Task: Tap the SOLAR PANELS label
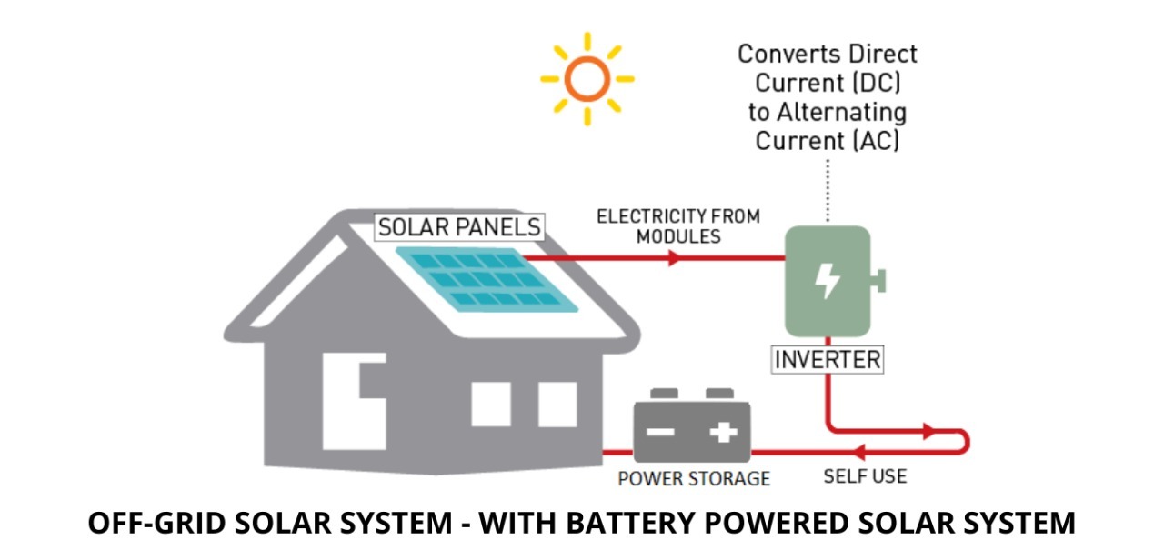click(459, 226)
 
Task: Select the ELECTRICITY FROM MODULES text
click(677, 225)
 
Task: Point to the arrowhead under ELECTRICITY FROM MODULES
click(674, 258)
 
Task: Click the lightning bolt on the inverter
click(827, 281)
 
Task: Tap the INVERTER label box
click(827, 359)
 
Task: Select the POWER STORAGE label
click(693, 478)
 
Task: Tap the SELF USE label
click(865, 475)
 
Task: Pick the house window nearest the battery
click(557, 404)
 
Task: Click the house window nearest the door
click(491, 404)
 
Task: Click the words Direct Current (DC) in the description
click(828, 83)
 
